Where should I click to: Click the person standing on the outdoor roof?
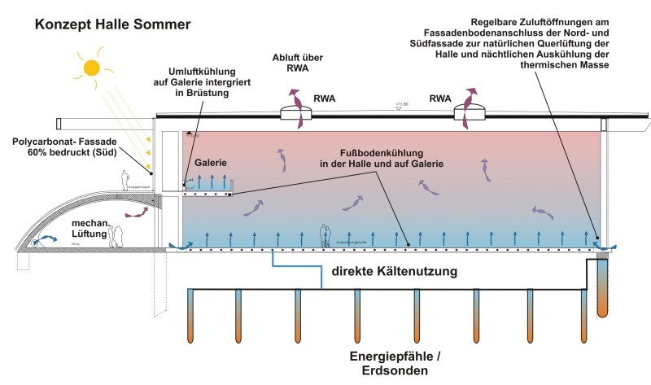125,179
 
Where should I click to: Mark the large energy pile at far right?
604,285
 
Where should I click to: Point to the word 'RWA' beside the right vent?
440,99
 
